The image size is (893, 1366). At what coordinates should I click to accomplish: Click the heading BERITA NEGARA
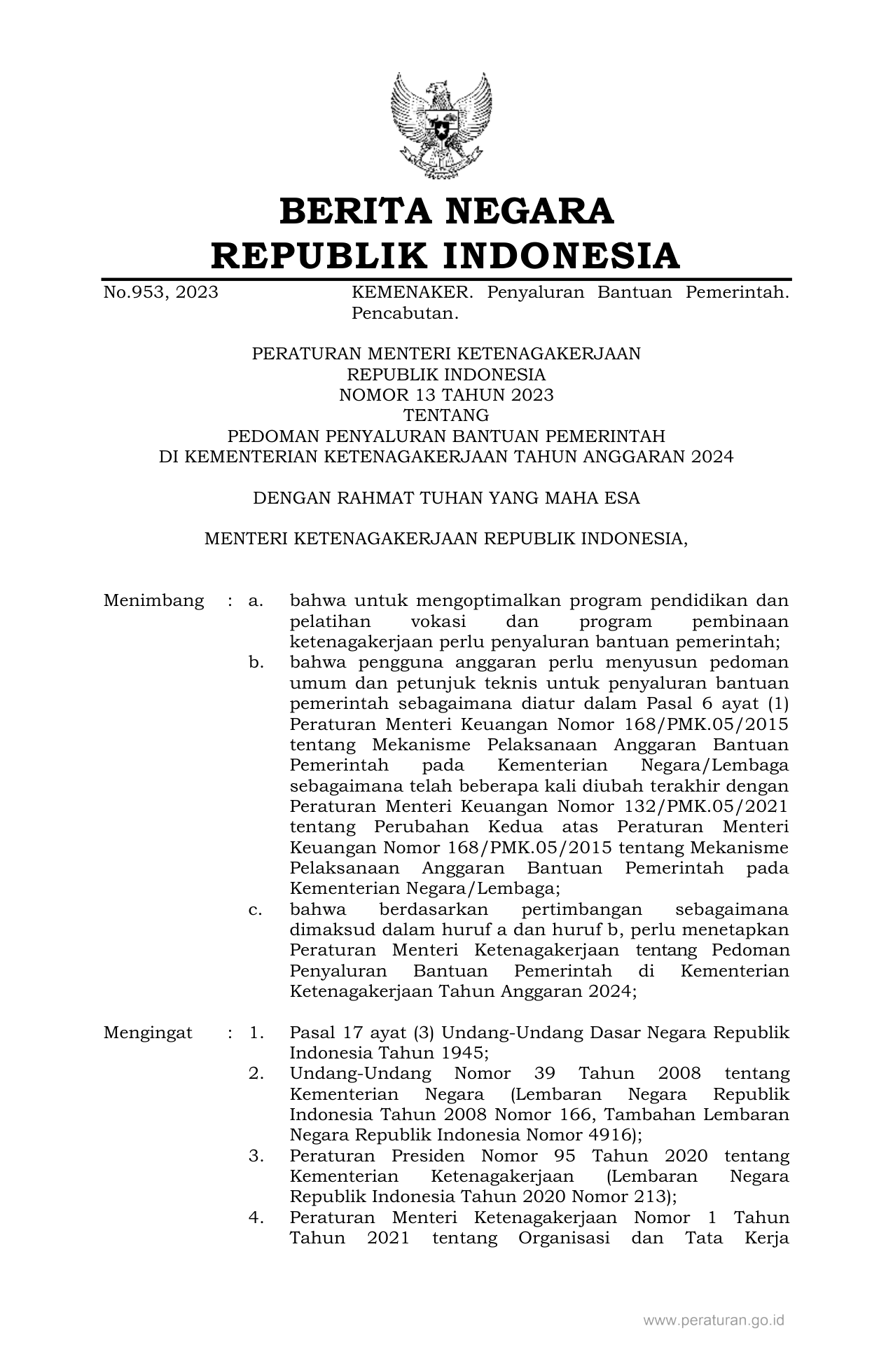point(446,212)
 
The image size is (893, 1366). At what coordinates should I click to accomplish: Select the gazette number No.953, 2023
point(160,293)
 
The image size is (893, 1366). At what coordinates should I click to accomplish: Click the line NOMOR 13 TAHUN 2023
point(446,395)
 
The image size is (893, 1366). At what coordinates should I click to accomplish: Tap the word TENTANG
point(446,415)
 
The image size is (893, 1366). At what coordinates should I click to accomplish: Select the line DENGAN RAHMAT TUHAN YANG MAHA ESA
point(446,498)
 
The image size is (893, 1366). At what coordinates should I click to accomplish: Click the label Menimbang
point(153,601)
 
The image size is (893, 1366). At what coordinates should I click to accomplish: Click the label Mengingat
point(148,1033)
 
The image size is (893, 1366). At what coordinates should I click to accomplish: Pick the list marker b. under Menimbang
point(256,663)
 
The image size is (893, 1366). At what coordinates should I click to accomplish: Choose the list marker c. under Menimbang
point(256,909)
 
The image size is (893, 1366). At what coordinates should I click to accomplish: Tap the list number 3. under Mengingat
point(256,1156)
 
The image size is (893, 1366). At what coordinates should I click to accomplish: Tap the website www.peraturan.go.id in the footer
point(714,1320)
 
